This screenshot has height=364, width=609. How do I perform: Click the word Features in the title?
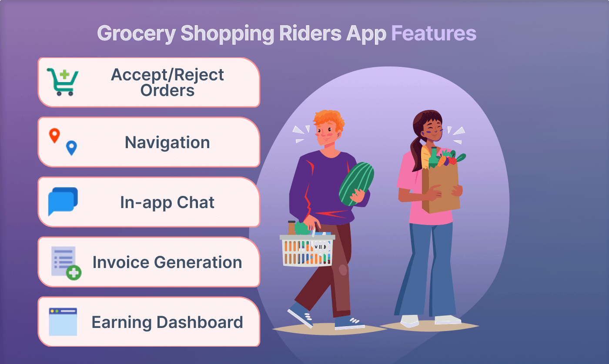[434, 33]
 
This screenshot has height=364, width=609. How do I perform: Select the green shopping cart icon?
[63, 82]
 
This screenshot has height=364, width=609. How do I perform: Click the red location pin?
[54, 136]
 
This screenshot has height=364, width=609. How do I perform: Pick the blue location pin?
[71, 148]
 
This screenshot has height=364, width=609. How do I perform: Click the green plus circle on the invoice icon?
[74, 272]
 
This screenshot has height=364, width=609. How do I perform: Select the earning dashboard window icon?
[63, 322]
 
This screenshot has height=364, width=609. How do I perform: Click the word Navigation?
[167, 142]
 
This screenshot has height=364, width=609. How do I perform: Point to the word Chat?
[195, 202]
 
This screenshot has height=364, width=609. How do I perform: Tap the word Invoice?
[121, 262]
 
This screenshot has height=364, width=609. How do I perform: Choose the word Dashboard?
[200, 322]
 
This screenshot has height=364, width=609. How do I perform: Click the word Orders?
[167, 90]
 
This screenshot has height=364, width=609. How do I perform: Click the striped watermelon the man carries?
[356, 184]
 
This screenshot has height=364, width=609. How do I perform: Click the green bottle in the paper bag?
[434, 158]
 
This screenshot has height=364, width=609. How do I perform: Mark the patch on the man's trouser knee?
[343, 270]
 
